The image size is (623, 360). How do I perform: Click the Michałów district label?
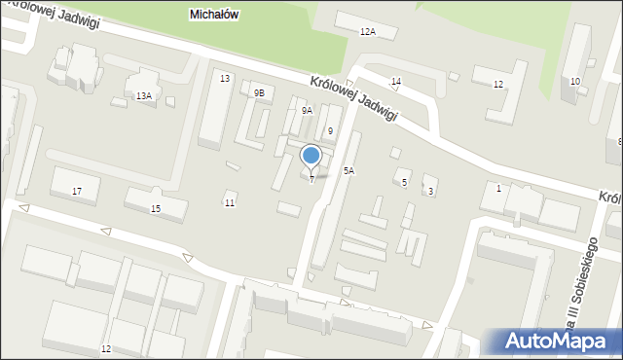214,15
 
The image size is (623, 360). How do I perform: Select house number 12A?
367,32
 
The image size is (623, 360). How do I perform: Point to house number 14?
396,81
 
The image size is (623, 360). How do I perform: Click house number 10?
575,81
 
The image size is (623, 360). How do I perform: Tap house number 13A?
144,95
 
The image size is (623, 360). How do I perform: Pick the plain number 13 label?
225,78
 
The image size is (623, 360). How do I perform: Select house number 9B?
259,92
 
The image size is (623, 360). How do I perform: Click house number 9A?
307,111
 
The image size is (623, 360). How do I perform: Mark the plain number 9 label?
331,130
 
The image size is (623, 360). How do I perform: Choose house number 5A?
348,170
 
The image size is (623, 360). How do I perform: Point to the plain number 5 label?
404,182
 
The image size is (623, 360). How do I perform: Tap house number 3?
430,191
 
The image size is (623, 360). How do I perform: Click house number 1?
498,188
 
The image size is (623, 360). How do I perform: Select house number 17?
77,191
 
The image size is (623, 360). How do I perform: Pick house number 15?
156,208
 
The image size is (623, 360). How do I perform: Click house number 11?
230,202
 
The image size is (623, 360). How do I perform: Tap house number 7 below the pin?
311,179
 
